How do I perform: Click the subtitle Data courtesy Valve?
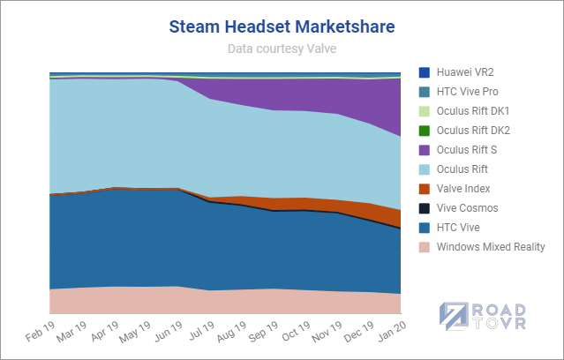(282, 49)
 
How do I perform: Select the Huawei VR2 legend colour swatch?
(424, 71)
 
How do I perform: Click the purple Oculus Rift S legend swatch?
(424, 149)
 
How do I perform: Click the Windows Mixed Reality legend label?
(490, 246)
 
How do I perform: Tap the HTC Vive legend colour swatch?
(424, 227)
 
